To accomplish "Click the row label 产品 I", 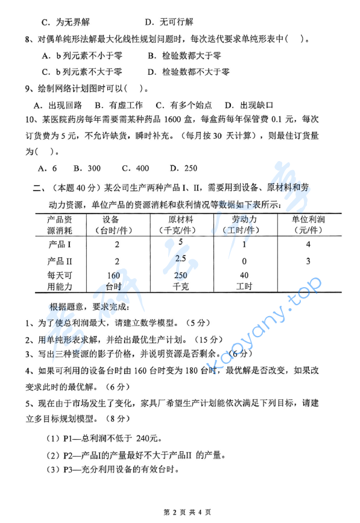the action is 60,245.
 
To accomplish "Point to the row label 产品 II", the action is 61,261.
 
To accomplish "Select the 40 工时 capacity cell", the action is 244,281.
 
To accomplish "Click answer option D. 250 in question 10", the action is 183,168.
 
